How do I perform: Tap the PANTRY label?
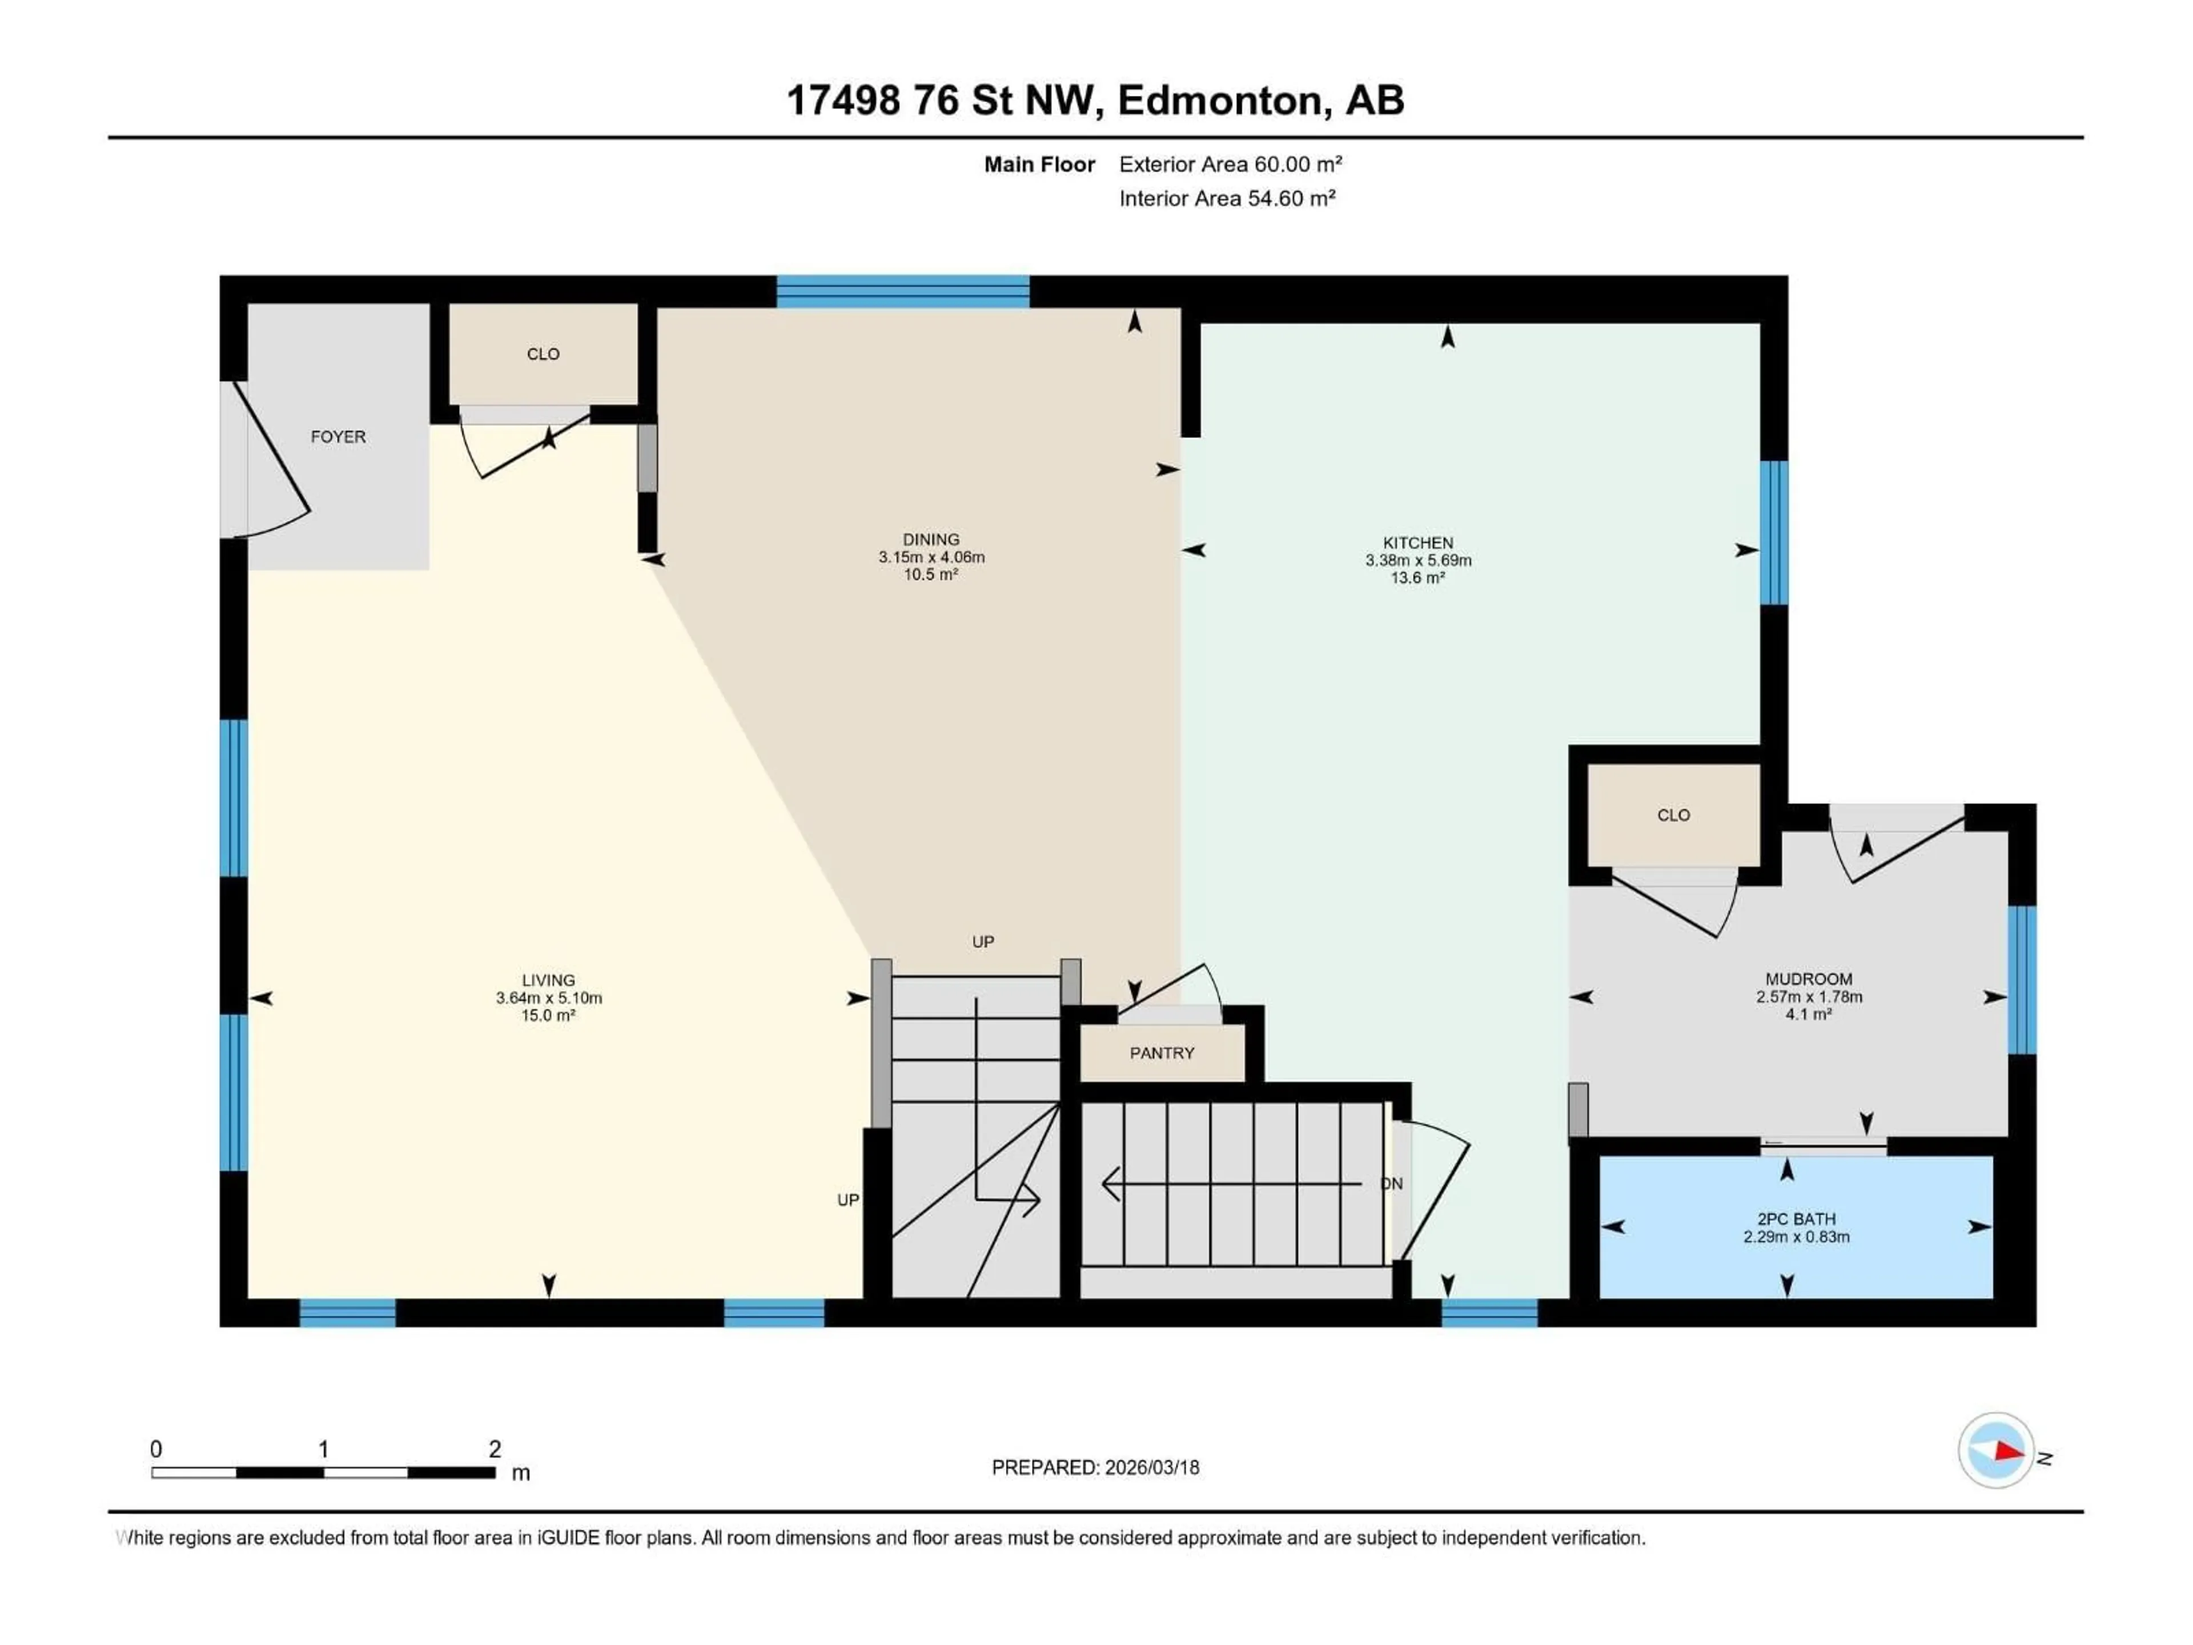(x=1162, y=1053)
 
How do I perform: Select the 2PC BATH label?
(x=1797, y=1219)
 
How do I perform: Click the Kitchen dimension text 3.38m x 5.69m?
(x=1417, y=560)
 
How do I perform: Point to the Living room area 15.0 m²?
(x=548, y=1016)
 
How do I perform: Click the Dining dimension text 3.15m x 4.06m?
(x=931, y=557)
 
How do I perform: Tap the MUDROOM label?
(x=1808, y=978)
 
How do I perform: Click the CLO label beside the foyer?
(x=543, y=354)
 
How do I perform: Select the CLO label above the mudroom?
(x=1673, y=815)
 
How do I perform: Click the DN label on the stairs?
(x=1392, y=1184)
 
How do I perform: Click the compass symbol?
(x=1996, y=1451)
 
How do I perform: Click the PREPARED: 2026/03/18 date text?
(x=1095, y=1467)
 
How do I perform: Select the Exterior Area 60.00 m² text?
(x=1230, y=164)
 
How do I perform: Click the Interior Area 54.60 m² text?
(x=1227, y=198)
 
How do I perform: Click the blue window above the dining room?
(x=902, y=291)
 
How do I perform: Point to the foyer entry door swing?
(x=272, y=461)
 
